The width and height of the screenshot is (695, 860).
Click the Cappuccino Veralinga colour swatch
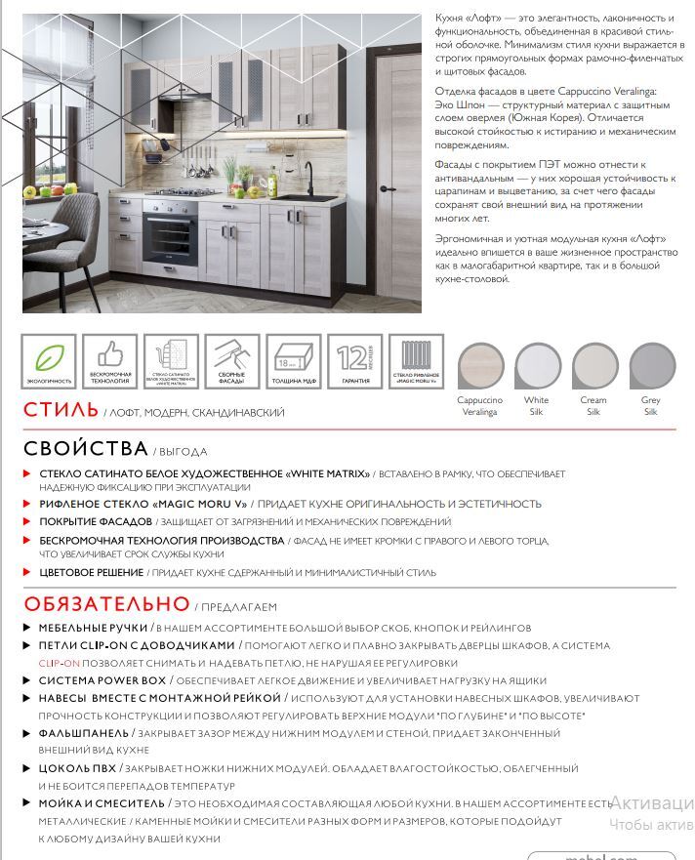(x=480, y=367)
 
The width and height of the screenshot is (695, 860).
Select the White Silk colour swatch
(x=537, y=367)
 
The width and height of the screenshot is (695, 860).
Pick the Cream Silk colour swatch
(x=593, y=367)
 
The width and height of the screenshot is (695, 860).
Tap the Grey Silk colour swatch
(x=651, y=367)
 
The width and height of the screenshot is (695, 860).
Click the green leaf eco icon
(x=49, y=358)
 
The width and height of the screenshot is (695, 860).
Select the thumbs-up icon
(x=109, y=356)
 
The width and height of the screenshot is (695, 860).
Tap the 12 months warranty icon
(x=355, y=358)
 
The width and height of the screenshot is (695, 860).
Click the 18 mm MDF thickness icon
(x=294, y=358)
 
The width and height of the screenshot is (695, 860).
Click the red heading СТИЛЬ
(x=61, y=411)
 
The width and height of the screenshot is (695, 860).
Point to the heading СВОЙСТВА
(x=85, y=449)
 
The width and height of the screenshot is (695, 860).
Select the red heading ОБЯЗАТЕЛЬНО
(x=106, y=604)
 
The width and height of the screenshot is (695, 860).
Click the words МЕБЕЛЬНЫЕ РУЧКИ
(x=93, y=628)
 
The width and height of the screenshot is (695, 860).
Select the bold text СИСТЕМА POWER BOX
(x=102, y=680)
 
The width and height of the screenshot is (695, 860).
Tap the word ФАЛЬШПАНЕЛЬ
(x=83, y=732)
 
